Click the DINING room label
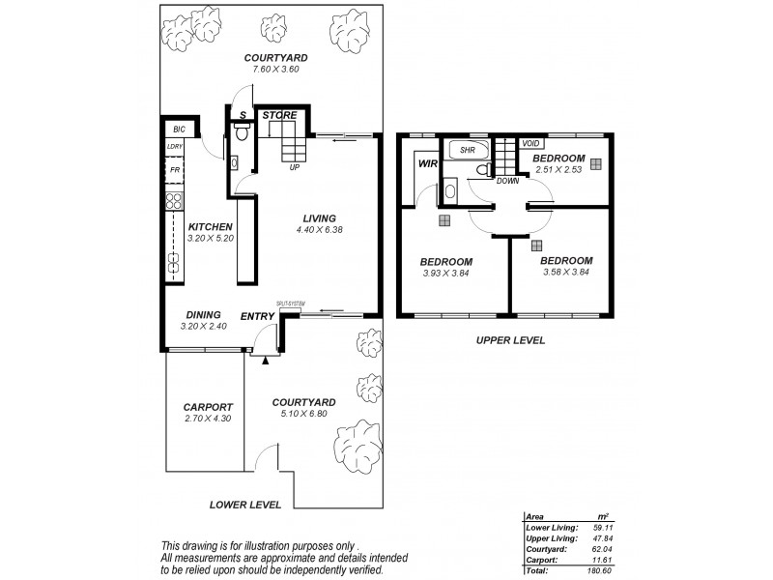202,314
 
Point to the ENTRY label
256,315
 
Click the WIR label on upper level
428,165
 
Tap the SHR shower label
466,151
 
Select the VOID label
530,144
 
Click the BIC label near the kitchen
178,130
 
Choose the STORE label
280,116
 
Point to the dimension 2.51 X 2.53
558,169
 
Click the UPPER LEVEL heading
509,340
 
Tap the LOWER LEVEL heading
245,505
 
